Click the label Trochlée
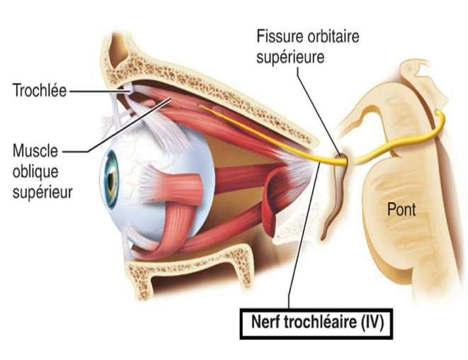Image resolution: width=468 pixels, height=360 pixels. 37,91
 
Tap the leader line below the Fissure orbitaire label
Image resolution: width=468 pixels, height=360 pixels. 315,106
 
